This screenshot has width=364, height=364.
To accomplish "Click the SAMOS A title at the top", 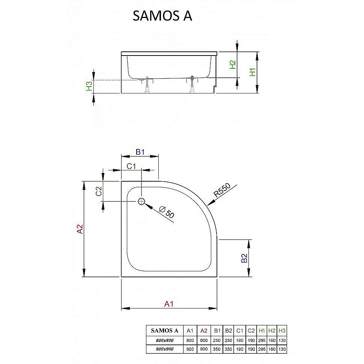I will tap(162, 16).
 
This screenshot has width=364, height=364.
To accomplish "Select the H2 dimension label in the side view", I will tap(233, 65).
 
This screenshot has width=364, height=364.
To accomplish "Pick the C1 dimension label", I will tap(131, 166).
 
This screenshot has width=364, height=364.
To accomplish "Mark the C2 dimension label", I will tap(99, 191).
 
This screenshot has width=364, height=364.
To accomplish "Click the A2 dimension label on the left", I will tap(80, 229).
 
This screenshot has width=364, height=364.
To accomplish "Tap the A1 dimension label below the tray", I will tap(169, 304).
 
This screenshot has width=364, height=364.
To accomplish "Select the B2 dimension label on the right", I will tap(244, 258).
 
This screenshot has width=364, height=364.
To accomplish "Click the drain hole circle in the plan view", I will tap(141, 202).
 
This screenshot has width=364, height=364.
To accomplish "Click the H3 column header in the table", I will tap(282, 331).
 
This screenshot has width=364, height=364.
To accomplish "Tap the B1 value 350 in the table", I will tap(217, 349).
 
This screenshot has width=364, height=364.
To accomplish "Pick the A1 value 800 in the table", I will tap(190, 340).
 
